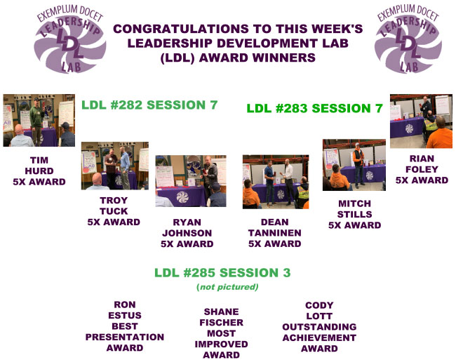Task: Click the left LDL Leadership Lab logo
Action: (x=69, y=39)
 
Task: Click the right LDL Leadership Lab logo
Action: (x=408, y=39)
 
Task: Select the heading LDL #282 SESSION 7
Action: (x=149, y=105)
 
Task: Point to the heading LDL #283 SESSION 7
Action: (x=314, y=109)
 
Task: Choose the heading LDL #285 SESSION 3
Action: (x=222, y=273)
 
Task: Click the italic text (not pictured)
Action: (x=227, y=287)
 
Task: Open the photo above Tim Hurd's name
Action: (x=39, y=120)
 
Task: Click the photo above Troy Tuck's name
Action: (x=115, y=166)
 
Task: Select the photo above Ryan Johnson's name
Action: (x=191, y=181)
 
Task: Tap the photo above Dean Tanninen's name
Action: (x=276, y=182)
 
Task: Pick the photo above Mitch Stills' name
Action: (x=354, y=165)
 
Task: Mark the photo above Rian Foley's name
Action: (x=421, y=121)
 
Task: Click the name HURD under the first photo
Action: (x=39, y=171)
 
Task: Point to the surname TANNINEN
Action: (x=274, y=233)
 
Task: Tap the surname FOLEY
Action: (x=422, y=169)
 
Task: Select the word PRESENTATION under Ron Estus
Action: (x=125, y=337)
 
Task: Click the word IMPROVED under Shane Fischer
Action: (x=221, y=345)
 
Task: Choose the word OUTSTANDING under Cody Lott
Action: (x=319, y=327)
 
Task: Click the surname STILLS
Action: (x=354, y=214)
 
